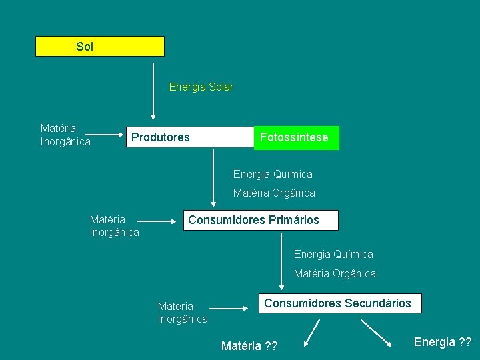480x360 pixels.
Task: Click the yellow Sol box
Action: (x=99, y=47)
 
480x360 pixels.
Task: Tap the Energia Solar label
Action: (x=201, y=87)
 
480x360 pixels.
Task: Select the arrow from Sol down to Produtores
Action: (x=153, y=90)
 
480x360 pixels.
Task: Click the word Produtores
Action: (x=160, y=137)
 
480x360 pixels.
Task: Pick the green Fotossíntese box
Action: (x=296, y=137)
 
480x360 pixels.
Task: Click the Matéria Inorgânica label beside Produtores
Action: (x=65, y=135)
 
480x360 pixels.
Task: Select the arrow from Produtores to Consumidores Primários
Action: (x=213, y=177)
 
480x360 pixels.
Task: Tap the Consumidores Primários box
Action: (x=261, y=220)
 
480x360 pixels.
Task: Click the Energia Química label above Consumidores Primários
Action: (x=273, y=175)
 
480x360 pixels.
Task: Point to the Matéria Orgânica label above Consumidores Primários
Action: (x=274, y=193)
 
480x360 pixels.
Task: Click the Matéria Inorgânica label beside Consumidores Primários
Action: (x=114, y=226)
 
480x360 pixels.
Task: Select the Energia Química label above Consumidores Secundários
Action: (x=333, y=255)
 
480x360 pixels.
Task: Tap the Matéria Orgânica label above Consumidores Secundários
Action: (x=335, y=274)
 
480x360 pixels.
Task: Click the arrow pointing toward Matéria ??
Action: (x=311, y=333)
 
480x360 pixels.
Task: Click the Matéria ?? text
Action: (x=249, y=345)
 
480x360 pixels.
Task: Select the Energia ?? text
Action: (x=443, y=342)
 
